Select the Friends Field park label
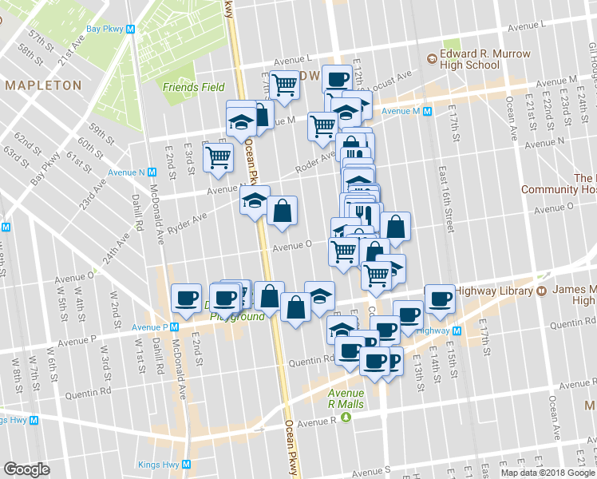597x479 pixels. [193, 87]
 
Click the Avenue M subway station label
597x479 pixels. [406, 111]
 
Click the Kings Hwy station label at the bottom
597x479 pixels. [164, 464]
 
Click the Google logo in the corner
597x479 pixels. [26, 469]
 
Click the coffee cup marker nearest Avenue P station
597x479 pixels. [186, 299]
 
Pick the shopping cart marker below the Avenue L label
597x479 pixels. [283, 85]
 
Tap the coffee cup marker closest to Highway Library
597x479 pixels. [439, 299]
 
